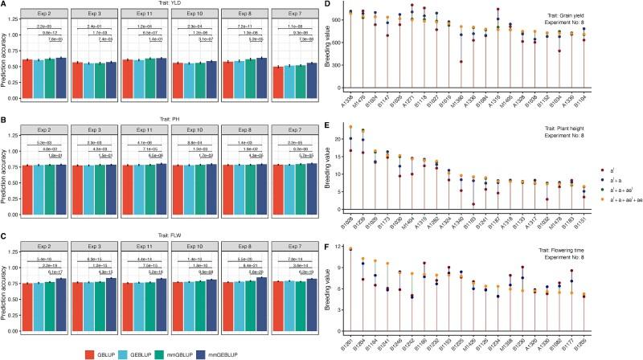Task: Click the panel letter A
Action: pos(5,4)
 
